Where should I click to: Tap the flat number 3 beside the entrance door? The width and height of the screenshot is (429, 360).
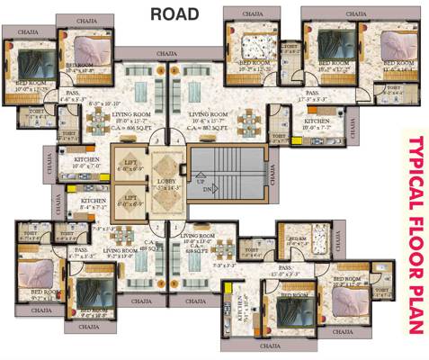(x=155, y=139)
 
